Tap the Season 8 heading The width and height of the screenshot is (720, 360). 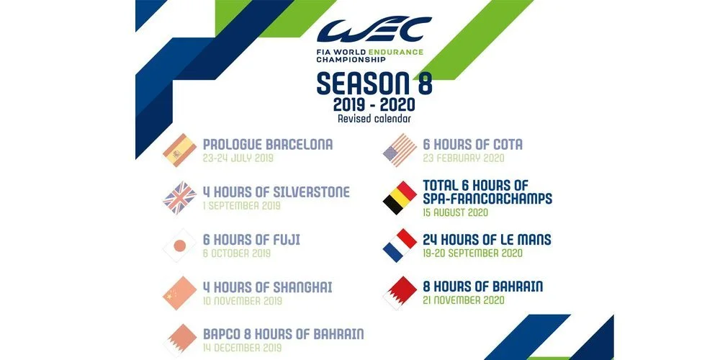click(x=374, y=83)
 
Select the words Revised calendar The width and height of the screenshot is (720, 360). click(x=374, y=119)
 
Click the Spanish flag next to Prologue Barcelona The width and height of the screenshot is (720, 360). click(x=179, y=150)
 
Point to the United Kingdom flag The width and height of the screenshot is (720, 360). click(x=179, y=198)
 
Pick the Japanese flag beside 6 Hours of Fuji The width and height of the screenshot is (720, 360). click(x=179, y=246)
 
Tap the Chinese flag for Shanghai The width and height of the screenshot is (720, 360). click(x=179, y=294)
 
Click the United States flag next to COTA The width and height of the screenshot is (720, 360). click(x=400, y=150)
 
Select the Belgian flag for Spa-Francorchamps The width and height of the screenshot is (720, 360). click(x=400, y=198)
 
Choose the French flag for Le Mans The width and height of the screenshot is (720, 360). click(x=400, y=246)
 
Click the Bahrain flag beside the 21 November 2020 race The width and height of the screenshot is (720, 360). click(x=400, y=294)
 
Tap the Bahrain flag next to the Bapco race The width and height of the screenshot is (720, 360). click(x=179, y=341)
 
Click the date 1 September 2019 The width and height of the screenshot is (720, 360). click(x=241, y=206)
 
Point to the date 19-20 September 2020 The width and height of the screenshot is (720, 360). click(x=472, y=253)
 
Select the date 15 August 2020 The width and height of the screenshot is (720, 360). click(x=455, y=212)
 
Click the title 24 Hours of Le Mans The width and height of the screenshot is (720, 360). click(x=487, y=240)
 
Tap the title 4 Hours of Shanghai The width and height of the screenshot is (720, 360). click(x=267, y=287)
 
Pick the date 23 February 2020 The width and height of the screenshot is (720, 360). click(x=463, y=158)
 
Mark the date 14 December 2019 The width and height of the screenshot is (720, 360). click(x=243, y=348)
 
